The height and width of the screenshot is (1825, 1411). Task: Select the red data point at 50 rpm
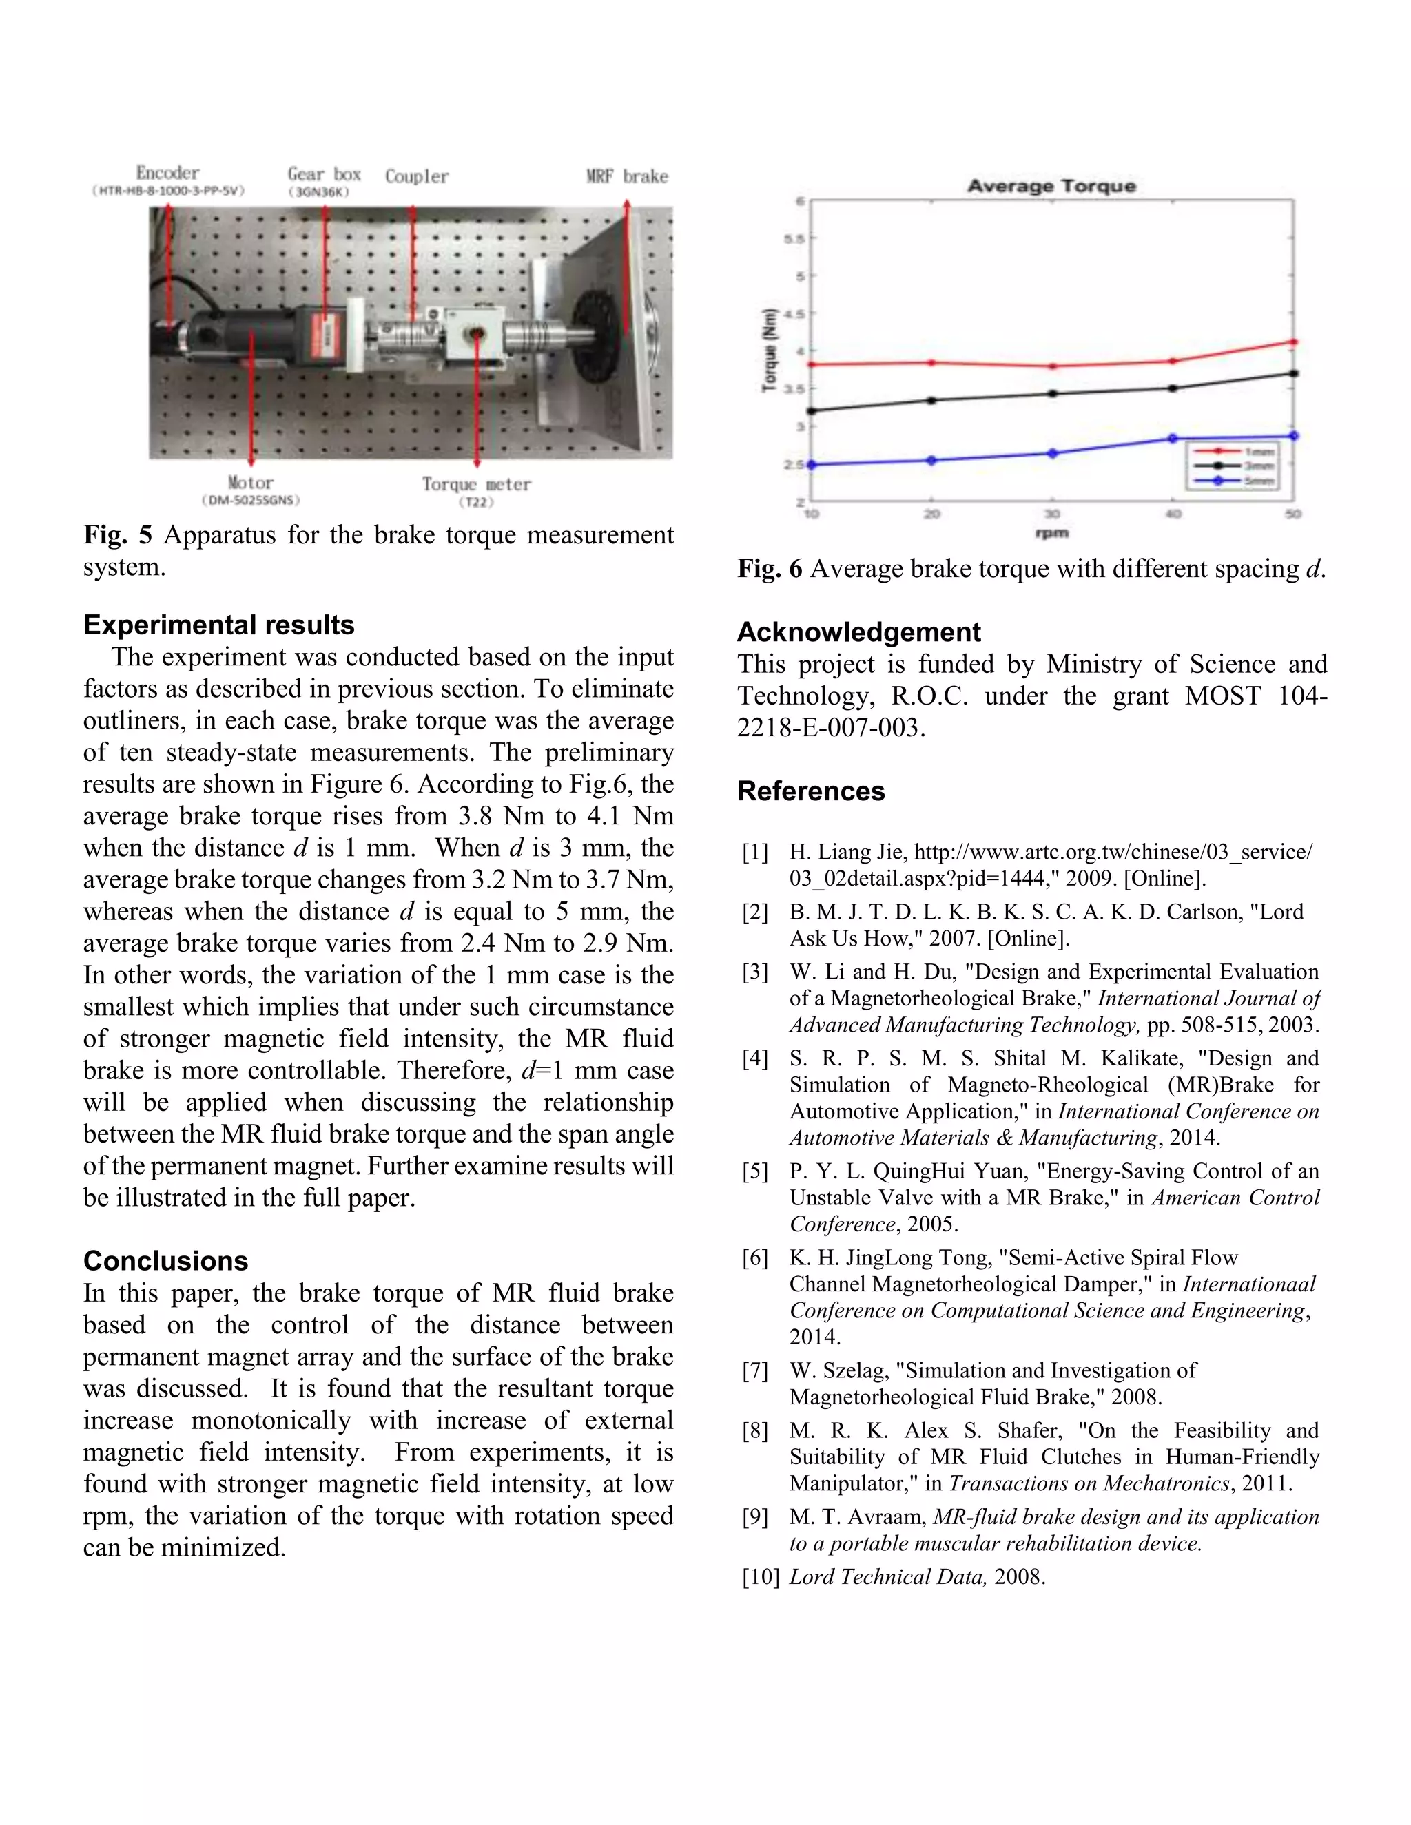(1293, 342)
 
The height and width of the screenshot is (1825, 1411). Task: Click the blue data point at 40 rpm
(1172, 438)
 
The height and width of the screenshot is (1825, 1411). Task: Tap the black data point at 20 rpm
(932, 400)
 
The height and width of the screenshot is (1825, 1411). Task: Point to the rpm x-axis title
(1051, 533)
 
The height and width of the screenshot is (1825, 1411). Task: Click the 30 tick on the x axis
(1051, 514)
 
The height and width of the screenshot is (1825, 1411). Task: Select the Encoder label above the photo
(167, 173)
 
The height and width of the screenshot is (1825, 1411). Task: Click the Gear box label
(324, 174)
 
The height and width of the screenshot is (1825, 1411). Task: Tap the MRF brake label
(627, 176)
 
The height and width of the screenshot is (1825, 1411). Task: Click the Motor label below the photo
(250, 482)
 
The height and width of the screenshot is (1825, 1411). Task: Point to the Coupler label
(416, 176)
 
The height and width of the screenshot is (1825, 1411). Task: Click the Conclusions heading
(165, 1260)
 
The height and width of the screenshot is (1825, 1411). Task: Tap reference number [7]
(755, 1370)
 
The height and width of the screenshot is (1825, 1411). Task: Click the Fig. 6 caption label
(769, 569)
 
